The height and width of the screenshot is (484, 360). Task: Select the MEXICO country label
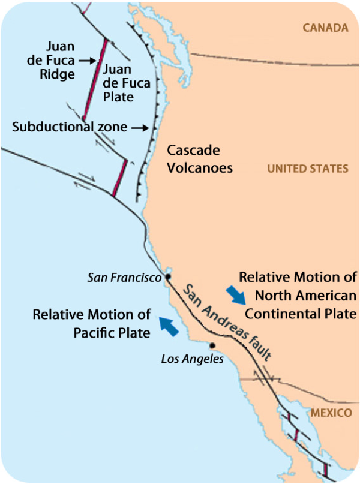click(331, 413)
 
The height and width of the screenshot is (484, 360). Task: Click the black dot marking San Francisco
click(169, 277)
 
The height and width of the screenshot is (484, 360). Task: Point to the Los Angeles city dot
click(212, 345)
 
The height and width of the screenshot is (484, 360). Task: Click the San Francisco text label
click(125, 278)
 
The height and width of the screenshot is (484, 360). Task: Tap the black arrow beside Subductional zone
click(139, 128)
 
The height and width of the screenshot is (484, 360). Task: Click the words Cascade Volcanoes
click(200, 160)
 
